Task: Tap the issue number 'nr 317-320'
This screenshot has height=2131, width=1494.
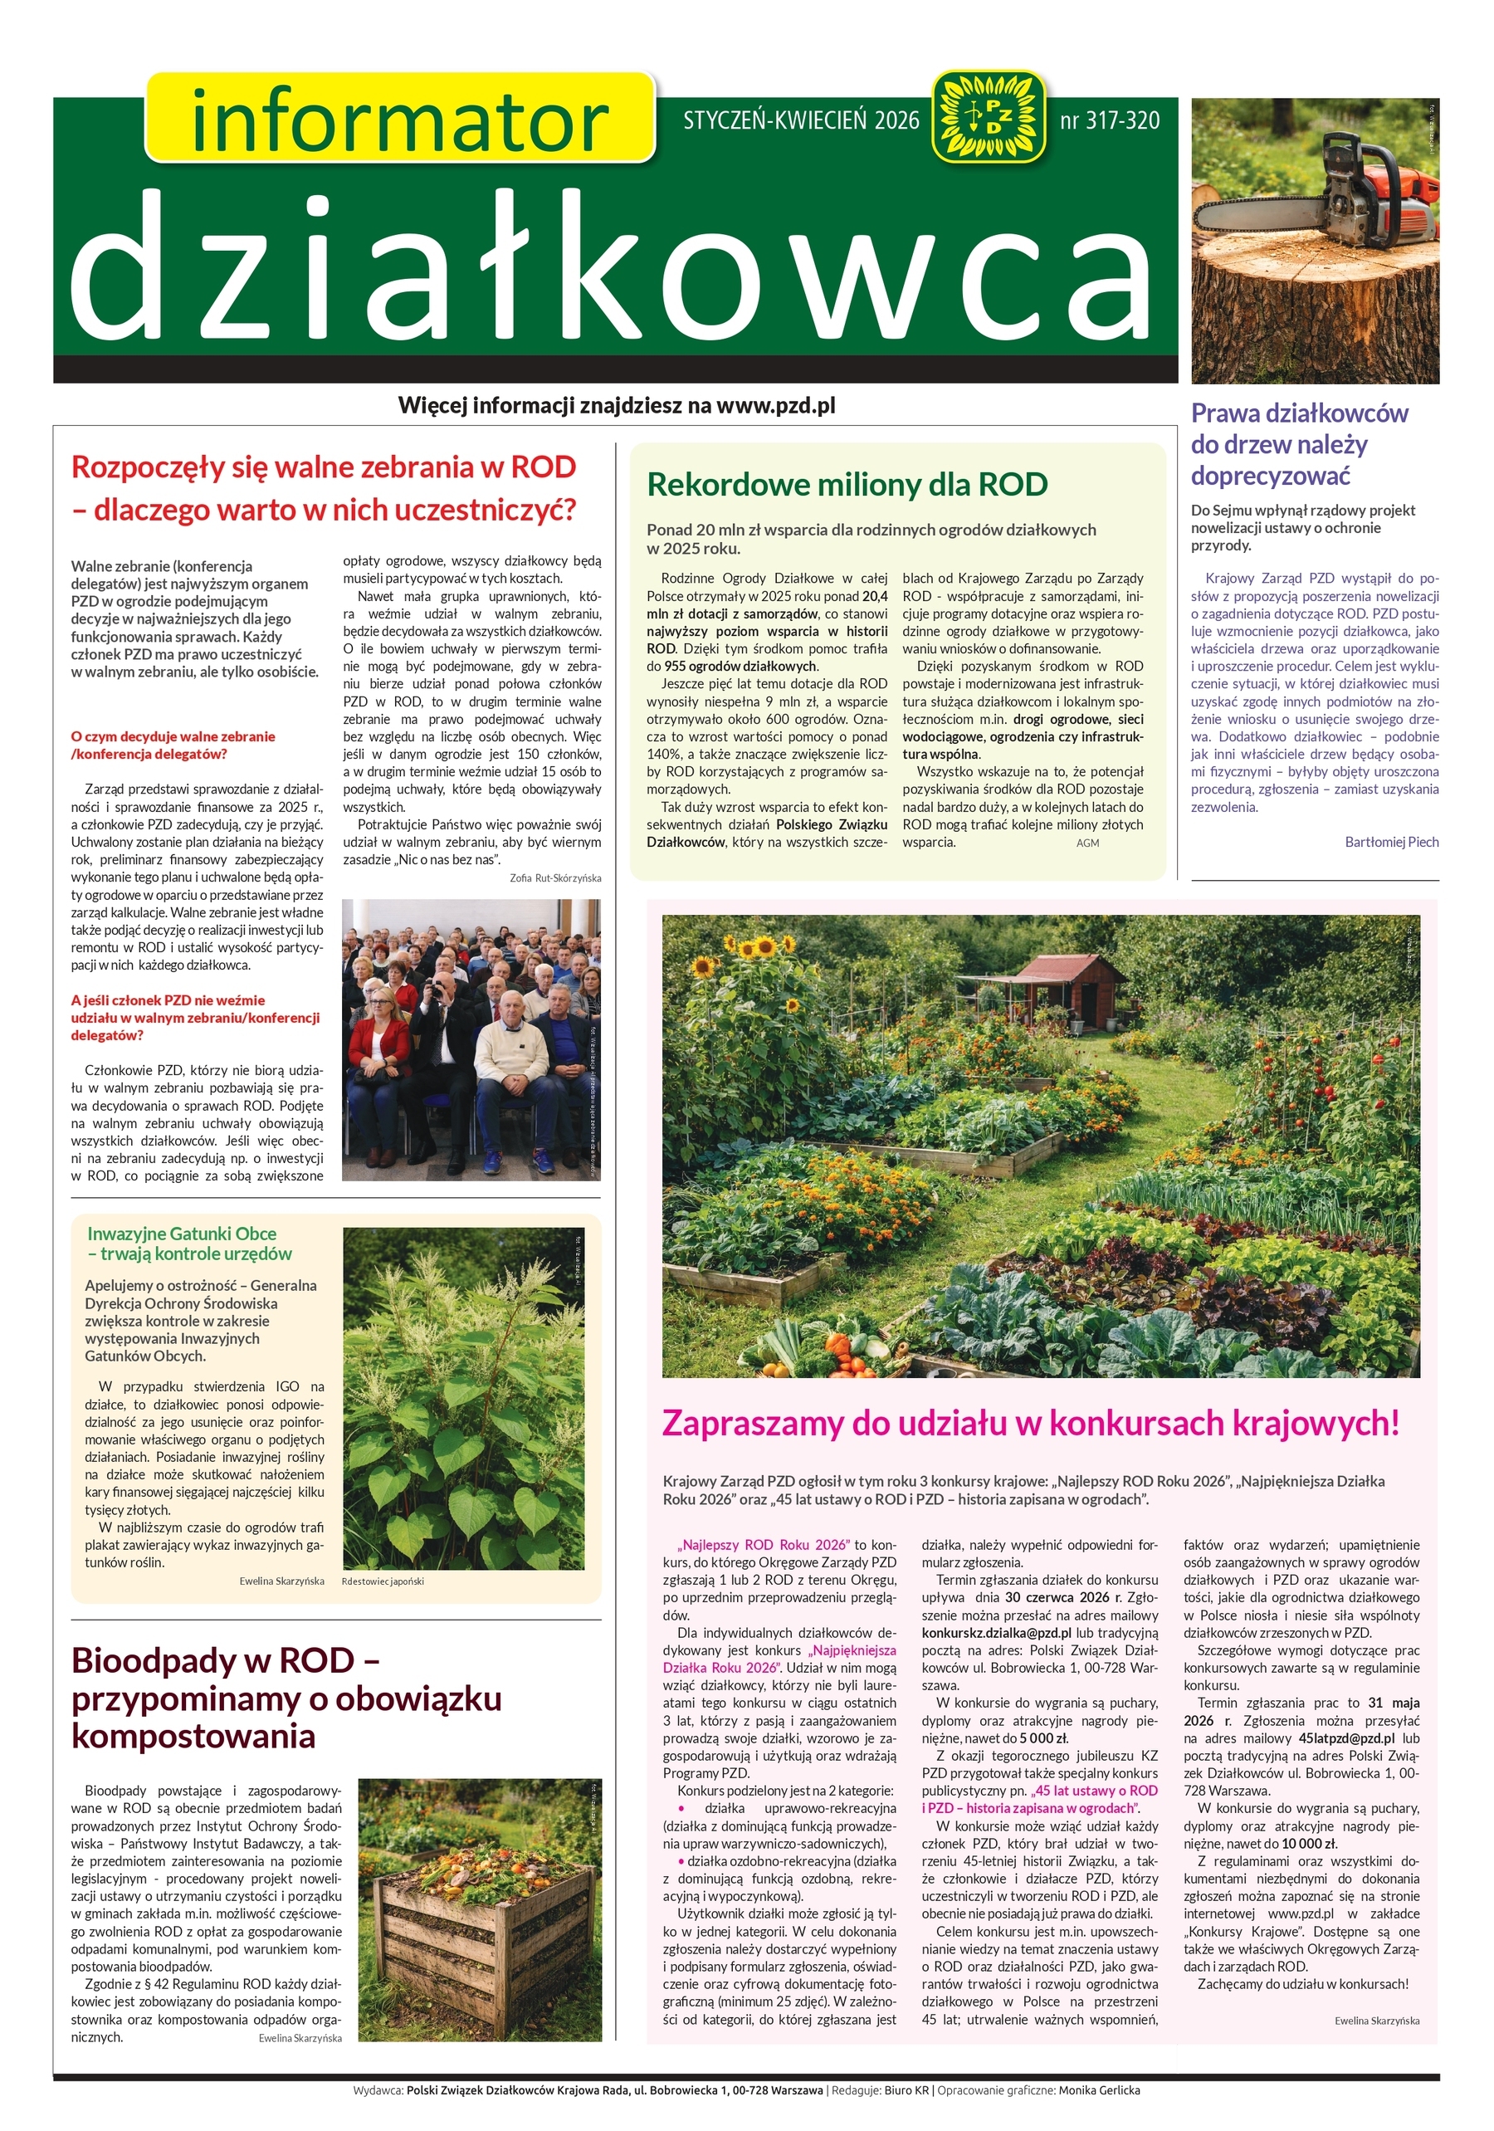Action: (x=1109, y=120)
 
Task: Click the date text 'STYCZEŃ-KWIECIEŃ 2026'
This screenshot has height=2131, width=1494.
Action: (x=801, y=120)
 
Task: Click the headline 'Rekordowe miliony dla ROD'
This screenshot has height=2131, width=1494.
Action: (x=847, y=485)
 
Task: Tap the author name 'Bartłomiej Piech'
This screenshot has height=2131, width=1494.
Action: (x=1391, y=842)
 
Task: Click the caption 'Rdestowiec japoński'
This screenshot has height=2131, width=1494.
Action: (x=383, y=1581)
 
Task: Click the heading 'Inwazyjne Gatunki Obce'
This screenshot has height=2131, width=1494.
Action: (x=182, y=1234)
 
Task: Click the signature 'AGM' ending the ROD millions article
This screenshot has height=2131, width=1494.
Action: (x=1087, y=843)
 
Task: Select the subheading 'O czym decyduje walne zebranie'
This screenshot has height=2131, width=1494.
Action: (x=173, y=736)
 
